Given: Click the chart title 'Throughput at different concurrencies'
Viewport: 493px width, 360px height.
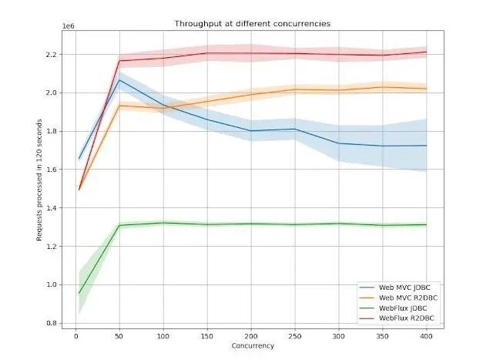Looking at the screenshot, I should pyautogui.click(x=253, y=24).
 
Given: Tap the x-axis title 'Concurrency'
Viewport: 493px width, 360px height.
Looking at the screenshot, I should pyautogui.click(x=252, y=345).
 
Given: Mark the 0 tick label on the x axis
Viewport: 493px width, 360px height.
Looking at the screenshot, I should pyautogui.click(x=75, y=336).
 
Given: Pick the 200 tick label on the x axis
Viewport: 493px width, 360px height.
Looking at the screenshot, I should pyautogui.click(x=251, y=336).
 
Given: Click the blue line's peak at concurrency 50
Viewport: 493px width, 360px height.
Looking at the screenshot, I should pyautogui.click(x=119, y=79).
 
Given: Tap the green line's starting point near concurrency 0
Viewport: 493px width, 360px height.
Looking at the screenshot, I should pyautogui.click(x=79, y=293).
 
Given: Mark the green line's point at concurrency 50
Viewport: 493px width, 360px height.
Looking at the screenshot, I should pyautogui.click(x=119, y=225).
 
